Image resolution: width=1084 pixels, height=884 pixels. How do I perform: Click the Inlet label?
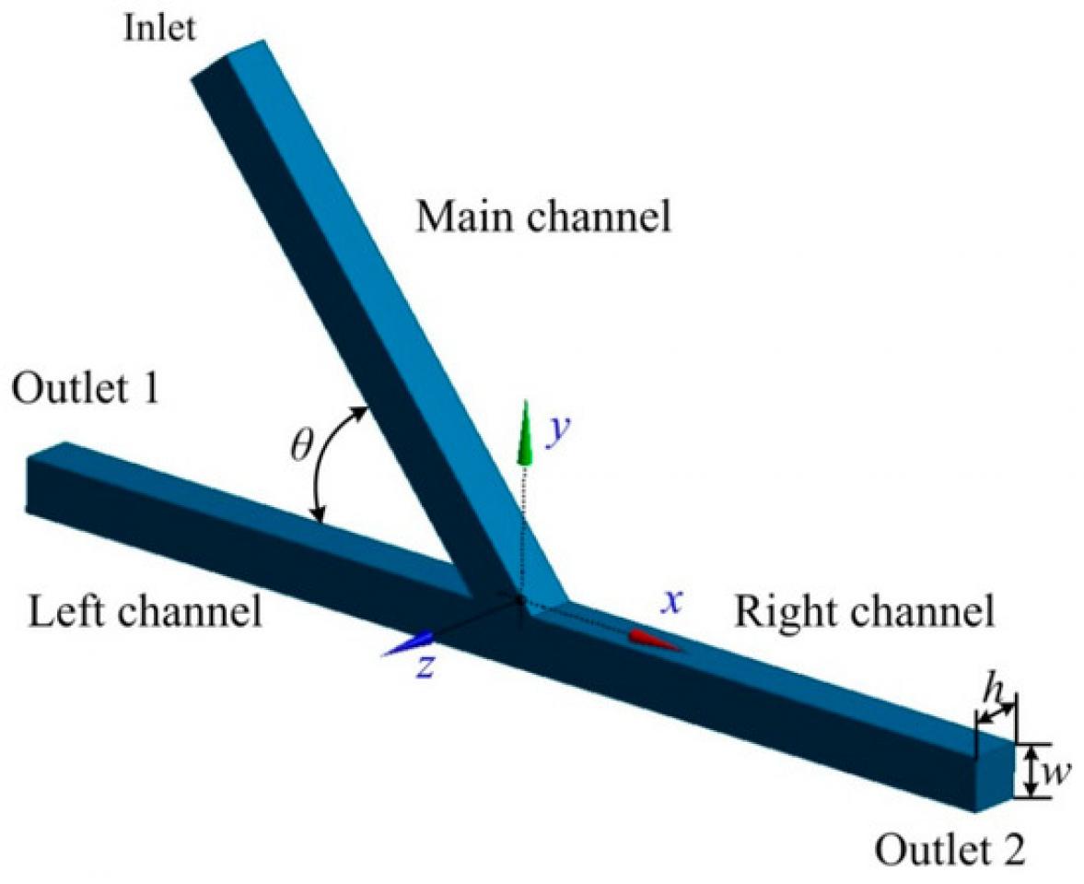click(x=159, y=29)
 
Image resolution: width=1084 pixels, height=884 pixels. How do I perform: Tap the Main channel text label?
click(x=543, y=218)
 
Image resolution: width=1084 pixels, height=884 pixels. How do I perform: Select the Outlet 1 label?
click(x=86, y=389)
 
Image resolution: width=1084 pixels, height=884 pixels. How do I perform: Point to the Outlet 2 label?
click(x=949, y=847)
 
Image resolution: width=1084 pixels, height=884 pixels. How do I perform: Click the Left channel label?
click(x=145, y=611)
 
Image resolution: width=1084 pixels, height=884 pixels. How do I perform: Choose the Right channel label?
click(x=864, y=610)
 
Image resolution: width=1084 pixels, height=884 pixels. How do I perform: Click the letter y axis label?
click(x=555, y=431)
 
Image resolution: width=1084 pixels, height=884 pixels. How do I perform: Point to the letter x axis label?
click(x=674, y=601)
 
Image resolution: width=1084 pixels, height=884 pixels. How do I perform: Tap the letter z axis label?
click(x=425, y=667)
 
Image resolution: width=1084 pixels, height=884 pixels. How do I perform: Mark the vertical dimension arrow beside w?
click(x=1032, y=771)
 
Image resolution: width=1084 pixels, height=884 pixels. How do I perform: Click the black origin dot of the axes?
click(x=520, y=600)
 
